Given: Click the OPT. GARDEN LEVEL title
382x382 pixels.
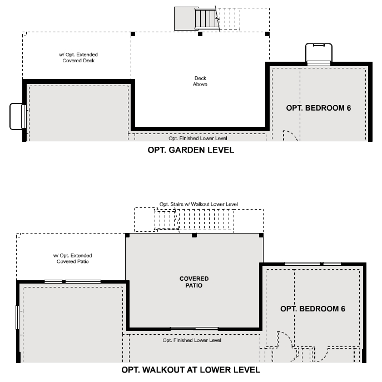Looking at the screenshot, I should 191,150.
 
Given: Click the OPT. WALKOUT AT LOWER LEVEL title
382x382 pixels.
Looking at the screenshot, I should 191,369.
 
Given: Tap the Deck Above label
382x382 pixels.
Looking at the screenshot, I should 200,81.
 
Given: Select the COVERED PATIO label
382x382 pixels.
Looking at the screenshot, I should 194,282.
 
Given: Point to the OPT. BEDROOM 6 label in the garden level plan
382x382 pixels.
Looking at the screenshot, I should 319,107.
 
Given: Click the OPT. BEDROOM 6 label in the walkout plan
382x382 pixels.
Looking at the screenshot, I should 312,309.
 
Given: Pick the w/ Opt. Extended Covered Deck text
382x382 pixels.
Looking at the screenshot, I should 78,57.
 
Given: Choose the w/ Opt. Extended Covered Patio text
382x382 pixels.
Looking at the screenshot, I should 73,259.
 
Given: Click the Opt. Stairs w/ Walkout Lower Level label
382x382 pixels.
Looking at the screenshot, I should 199,204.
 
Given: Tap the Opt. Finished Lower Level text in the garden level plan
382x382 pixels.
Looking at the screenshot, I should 198,138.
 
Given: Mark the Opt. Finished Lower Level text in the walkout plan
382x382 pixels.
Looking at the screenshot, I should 192,340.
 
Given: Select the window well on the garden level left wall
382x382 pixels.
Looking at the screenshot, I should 17,116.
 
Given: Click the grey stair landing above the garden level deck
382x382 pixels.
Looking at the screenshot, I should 183,18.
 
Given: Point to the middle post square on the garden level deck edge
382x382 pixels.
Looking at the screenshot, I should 200,34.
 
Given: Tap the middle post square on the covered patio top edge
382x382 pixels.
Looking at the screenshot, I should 194,235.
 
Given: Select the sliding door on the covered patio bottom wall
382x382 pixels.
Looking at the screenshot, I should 194,329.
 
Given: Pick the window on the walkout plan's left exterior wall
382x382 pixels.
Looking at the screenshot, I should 18,317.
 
